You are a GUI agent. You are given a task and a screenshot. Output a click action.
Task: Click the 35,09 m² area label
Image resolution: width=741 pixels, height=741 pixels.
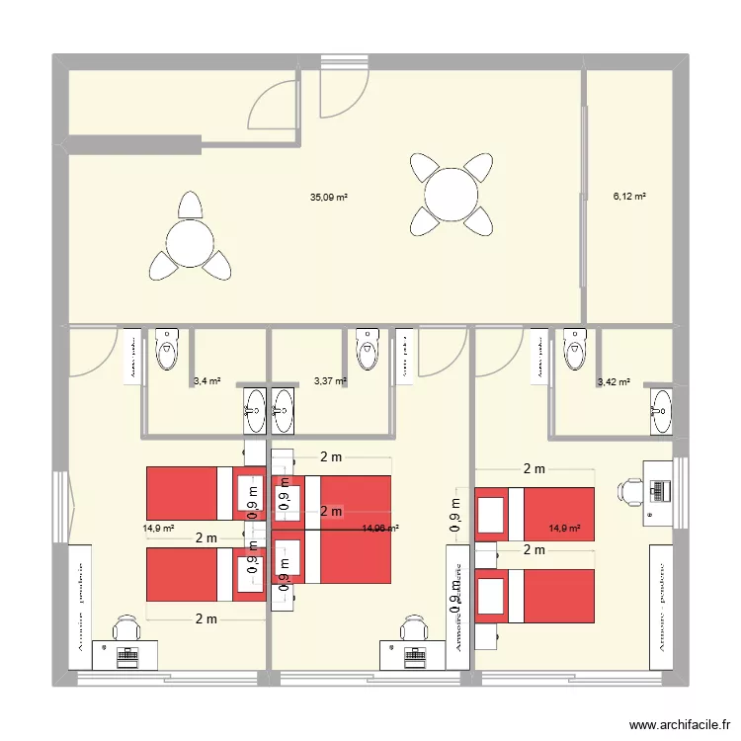[x=328, y=198]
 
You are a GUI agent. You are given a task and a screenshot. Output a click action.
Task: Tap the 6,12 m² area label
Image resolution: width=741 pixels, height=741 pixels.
[x=629, y=197]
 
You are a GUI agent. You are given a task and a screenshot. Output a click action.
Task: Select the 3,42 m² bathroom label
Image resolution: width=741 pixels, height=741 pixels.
[x=614, y=381]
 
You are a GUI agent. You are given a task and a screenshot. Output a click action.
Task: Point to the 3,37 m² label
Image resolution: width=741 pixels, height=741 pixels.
[x=329, y=380]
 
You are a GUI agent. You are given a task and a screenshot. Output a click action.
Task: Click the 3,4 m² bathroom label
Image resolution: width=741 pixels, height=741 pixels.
[x=206, y=380]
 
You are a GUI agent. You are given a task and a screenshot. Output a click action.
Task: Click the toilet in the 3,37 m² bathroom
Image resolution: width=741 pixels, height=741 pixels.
[x=368, y=348]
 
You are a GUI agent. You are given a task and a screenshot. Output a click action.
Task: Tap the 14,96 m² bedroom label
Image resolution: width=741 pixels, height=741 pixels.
[x=380, y=529]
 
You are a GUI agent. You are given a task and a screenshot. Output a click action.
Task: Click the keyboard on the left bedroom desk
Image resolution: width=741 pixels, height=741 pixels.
[x=125, y=653]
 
